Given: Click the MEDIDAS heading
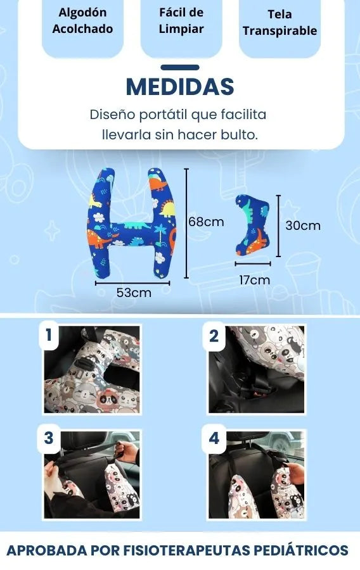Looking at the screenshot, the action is coord(180,87).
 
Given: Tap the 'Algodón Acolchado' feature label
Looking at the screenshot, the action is coord(82,20).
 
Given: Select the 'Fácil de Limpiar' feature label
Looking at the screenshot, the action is coord(181,20).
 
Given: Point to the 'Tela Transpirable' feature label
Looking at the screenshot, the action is coord(280,22).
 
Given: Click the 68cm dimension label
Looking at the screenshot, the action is coord(206,222).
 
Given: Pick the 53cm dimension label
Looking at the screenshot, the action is coord(134,293).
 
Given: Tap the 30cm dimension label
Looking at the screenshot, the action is coord(303,225).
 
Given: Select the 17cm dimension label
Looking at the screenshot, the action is coord(255,280).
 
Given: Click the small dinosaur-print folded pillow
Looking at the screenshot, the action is coord(252,225).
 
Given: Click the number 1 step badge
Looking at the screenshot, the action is coord(49,335).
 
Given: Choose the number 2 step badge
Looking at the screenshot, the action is coord(214,336).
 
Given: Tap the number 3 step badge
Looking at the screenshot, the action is coord(49,438).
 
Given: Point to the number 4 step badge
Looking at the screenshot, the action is coord(214,438).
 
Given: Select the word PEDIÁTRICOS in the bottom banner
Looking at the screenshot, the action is coord(301,550).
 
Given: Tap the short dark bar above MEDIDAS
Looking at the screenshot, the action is coord(180,67).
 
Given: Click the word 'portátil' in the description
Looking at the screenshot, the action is coord(164,115).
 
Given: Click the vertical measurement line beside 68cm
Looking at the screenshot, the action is coord(186,223).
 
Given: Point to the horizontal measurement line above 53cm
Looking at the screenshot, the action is coord(132,283).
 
